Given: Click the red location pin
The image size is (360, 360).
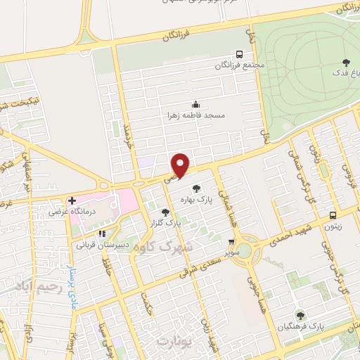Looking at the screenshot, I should point(181,165).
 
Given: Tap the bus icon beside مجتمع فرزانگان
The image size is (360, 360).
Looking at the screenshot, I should point(240,53).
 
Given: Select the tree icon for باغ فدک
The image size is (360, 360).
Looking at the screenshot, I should point(345,62).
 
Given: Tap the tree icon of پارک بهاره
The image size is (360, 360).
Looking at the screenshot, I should point(196,188).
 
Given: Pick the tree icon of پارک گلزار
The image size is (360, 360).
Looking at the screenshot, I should point(165,211).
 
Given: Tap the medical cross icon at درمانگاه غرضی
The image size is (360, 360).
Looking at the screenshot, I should point(72,200).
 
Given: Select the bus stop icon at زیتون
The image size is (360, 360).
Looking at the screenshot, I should point(333,215).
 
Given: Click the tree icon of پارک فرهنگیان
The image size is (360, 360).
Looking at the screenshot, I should point(301,315).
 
